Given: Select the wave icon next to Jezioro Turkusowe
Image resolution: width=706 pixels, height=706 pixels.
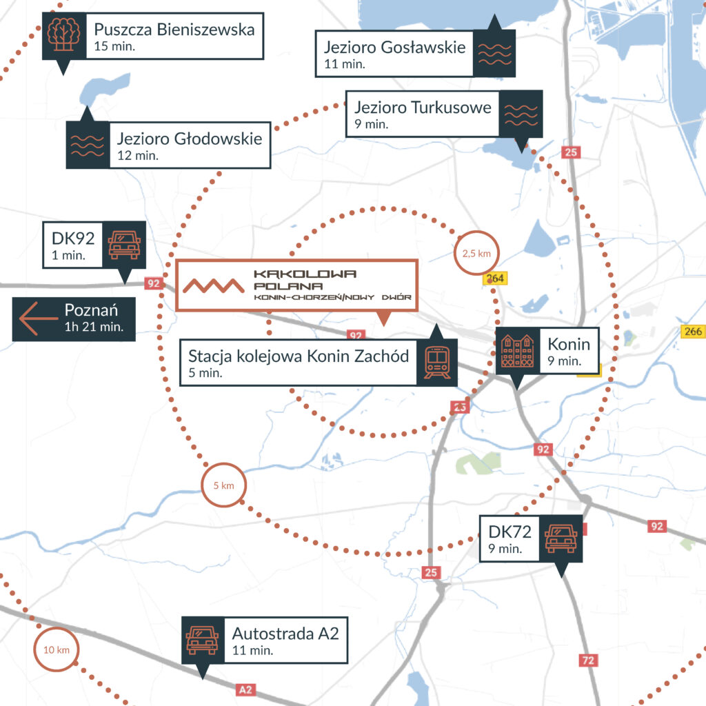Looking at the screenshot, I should (521, 114).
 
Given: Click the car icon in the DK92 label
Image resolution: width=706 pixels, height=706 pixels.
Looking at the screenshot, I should (124, 244).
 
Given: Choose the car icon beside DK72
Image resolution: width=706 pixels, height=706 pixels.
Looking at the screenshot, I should (561, 538).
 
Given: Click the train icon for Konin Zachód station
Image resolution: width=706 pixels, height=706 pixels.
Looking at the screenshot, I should (437, 362).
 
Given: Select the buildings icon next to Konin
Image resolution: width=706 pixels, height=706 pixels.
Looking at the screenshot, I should (517, 350).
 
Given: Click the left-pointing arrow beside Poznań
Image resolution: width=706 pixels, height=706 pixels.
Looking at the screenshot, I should (37, 319).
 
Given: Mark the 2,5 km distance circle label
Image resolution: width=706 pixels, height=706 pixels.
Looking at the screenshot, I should (476, 254).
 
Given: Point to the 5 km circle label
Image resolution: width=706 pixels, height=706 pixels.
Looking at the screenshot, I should (223, 485).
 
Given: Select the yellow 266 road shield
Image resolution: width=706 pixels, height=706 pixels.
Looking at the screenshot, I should (693, 331).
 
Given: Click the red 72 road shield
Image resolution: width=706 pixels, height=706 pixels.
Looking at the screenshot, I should (587, 660).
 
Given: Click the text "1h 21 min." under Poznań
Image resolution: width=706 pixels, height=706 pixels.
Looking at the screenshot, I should (94, 327).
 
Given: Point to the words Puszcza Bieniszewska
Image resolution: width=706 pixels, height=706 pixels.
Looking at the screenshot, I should (174, 30).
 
